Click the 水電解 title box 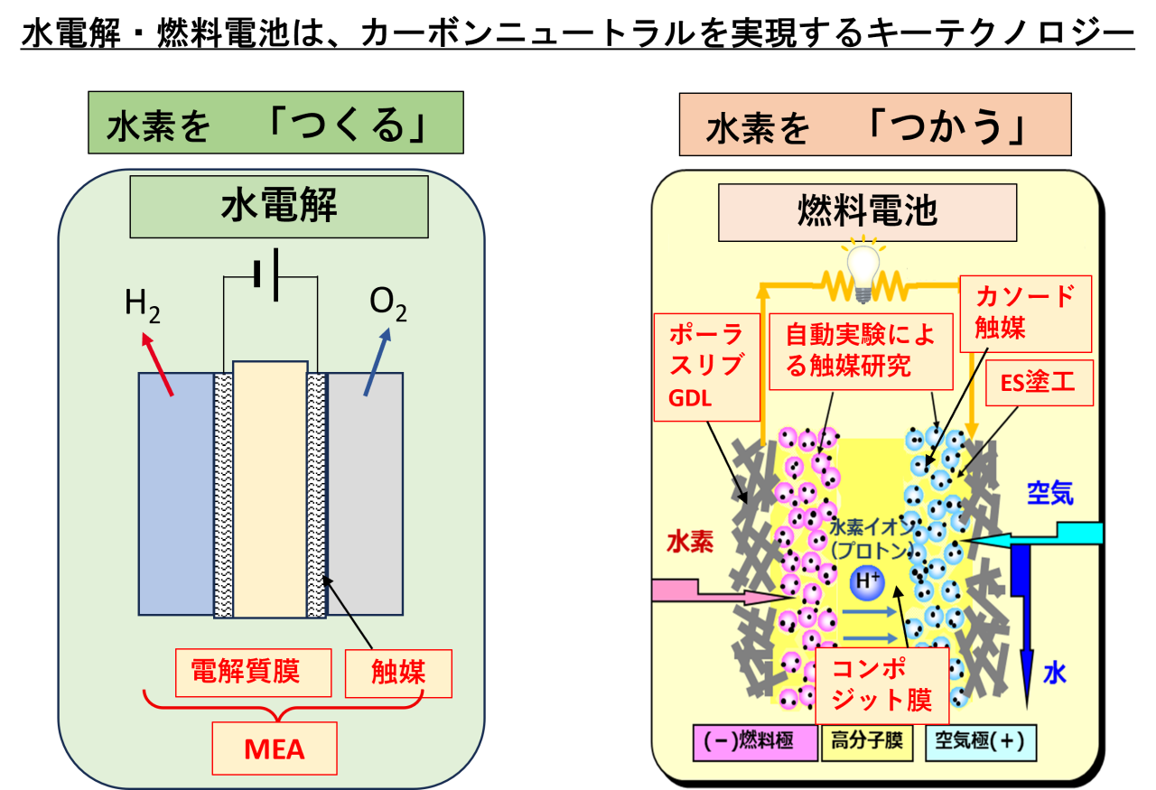point(279,207)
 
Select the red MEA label point(275,748)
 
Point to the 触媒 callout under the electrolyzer point(398,673)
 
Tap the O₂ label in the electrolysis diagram point(387,304)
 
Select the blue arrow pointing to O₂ point(378,361)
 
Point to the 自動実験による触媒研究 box point(860,351)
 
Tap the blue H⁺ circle point(867,582)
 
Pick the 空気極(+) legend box point(981,741)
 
